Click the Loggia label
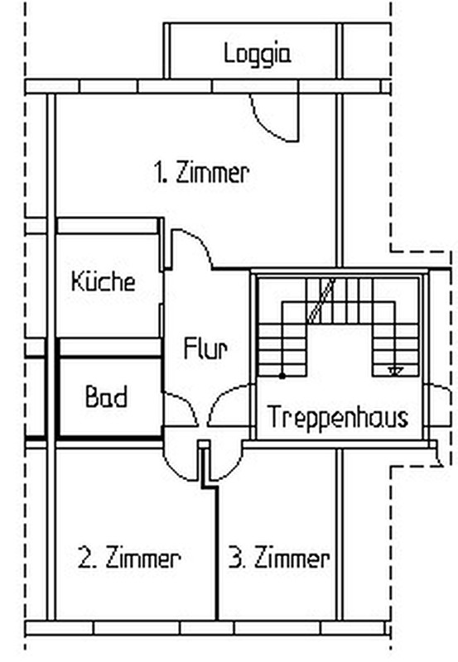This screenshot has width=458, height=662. [x=258, y=55]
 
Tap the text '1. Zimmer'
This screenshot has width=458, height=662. [x=201, y=172]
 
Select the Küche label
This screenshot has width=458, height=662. [x=104, y=281]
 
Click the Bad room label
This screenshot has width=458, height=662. [x=106, y=396]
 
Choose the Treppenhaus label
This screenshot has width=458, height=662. [x=338, y=417]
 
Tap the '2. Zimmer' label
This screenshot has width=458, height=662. [x=129, y=557]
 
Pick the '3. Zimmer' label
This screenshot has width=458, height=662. [x=279, y=557]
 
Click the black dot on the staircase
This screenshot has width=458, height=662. [x=282, y=376]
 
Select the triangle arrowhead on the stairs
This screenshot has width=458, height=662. [x=396, y=372]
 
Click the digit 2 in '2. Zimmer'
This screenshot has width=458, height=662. [x=84, y=558]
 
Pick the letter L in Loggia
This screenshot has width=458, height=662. [x=228, y=53]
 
